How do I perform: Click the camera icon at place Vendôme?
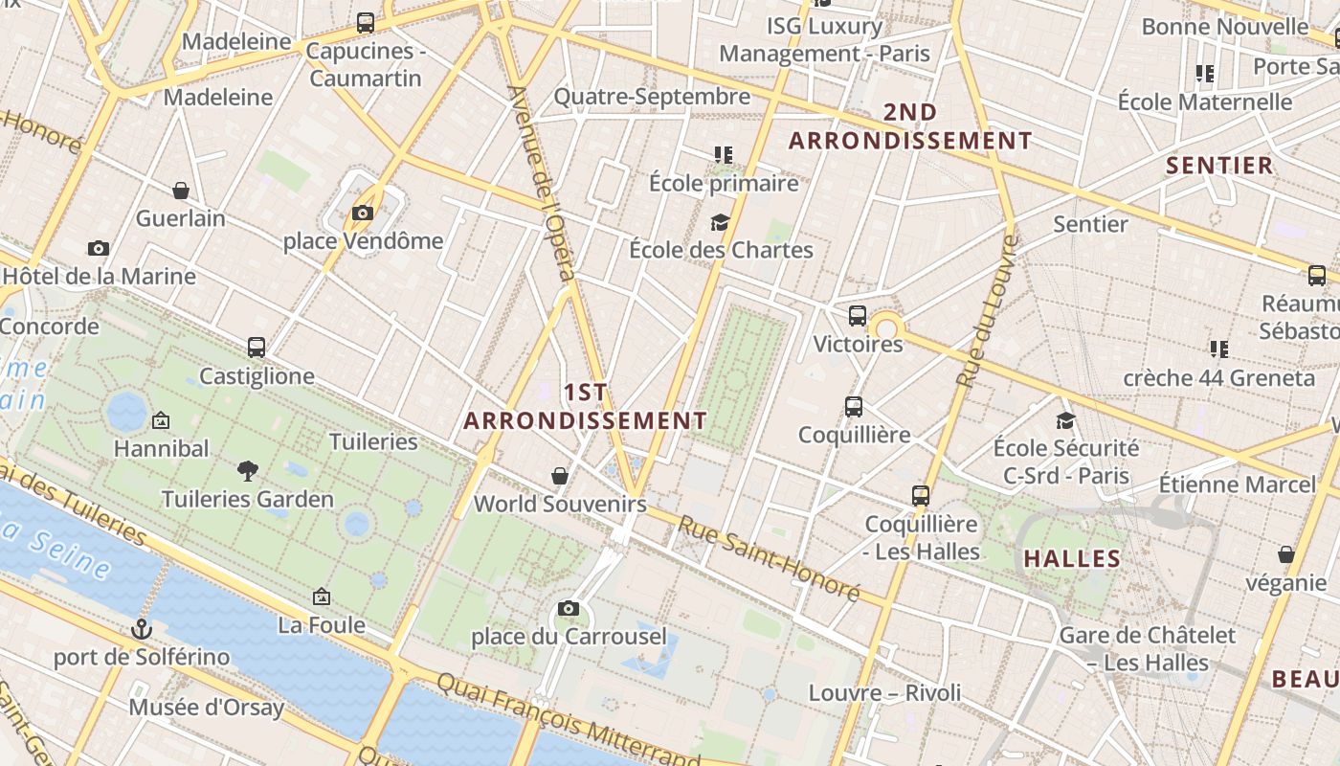(363, 213)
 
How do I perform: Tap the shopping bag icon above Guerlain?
(181, 191)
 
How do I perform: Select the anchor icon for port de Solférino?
(142, 629)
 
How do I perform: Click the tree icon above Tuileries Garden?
(248, 470)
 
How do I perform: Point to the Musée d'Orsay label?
(207, 708)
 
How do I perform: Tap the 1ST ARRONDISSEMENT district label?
(586, 407)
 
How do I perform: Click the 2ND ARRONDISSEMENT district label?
(910, 126)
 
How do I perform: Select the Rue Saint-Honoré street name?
(770, 558)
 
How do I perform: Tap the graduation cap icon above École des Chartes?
(720, 222)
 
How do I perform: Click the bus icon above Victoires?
(858, 315)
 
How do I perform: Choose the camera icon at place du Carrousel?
(569, 608)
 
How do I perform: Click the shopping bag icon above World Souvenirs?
(560, 476)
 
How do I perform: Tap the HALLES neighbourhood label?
(1072, 559)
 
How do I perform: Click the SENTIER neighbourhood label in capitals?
(1219, 166)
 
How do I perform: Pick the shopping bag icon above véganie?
(1286, 554)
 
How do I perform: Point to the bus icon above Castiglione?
(257, 347)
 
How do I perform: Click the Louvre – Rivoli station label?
(884, 692)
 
